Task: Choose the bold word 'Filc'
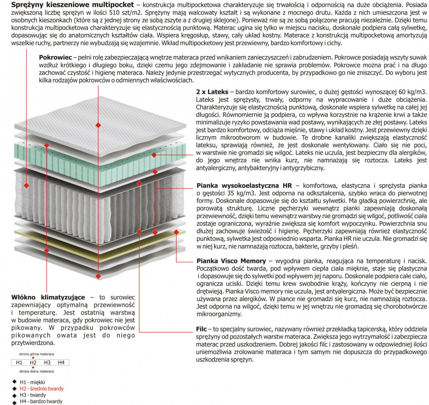(201, 328)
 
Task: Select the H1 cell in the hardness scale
(19, 363)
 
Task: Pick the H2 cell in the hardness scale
(33, 363)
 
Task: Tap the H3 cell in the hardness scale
(47, 363)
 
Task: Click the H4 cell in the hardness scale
(61, 363)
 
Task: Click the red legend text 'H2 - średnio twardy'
(42, 389)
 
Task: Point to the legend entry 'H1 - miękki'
(32, 382)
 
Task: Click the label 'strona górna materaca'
(37, 354)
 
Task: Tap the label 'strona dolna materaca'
(37, 371)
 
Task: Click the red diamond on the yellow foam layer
(176, 232)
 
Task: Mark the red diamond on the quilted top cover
(98, 114)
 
